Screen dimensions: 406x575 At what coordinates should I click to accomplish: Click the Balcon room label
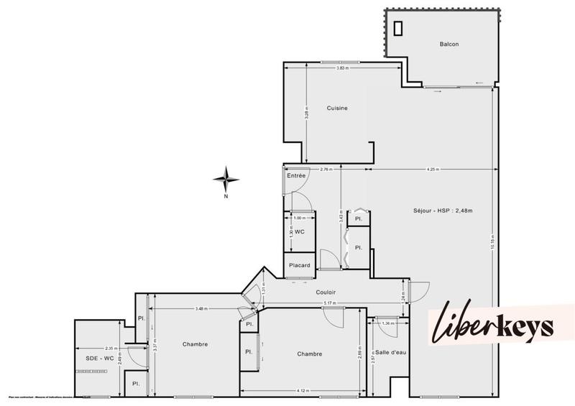(x=449, y=45)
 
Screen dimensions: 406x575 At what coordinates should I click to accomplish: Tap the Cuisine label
(x=337, y=109)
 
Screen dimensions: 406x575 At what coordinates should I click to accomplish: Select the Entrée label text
(x=297, y=176)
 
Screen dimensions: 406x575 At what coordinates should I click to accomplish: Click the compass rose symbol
(x=226, y=180)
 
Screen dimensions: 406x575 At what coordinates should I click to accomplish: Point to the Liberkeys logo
(x=493, y=328)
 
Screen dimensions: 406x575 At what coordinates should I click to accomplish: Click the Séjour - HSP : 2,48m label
(x=447, y=211)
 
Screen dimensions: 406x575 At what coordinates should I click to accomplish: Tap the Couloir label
(x=327, y=292)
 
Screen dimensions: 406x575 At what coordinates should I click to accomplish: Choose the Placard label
(x=300, y=266)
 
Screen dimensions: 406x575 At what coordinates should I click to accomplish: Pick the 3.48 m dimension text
(x=201, y=309)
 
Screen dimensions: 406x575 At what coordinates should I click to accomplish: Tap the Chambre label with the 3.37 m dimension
(x=195, y=344)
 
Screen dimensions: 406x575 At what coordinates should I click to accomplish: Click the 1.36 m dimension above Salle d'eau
(x=389, y=323)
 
